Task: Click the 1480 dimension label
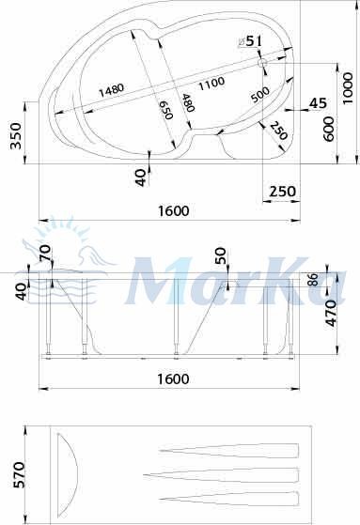pos(111,90)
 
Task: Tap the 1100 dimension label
pos(211,83)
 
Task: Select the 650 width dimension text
pos(165,110)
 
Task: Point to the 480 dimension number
pos(188,102)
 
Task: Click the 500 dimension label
pos(260,95)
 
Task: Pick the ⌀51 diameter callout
pos(249,41)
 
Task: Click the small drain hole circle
pos(262,63)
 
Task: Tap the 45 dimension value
pos(318,103)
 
